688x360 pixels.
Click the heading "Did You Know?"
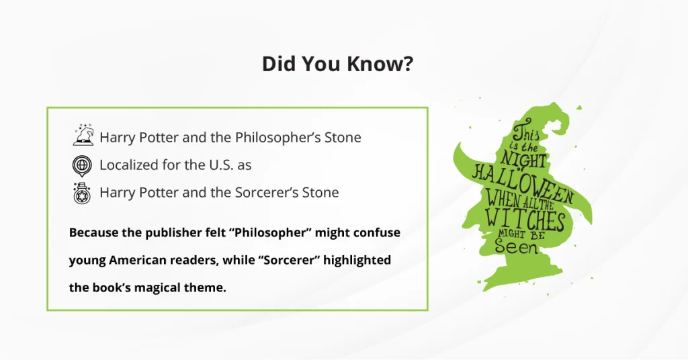click(337, 64)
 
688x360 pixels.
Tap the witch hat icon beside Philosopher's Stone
click(83, 136)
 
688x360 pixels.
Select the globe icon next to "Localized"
click(83, 165)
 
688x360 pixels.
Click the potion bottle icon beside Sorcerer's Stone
click(83, 192)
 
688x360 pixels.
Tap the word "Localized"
click(130, 165)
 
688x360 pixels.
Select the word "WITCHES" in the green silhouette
click(526, 218)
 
